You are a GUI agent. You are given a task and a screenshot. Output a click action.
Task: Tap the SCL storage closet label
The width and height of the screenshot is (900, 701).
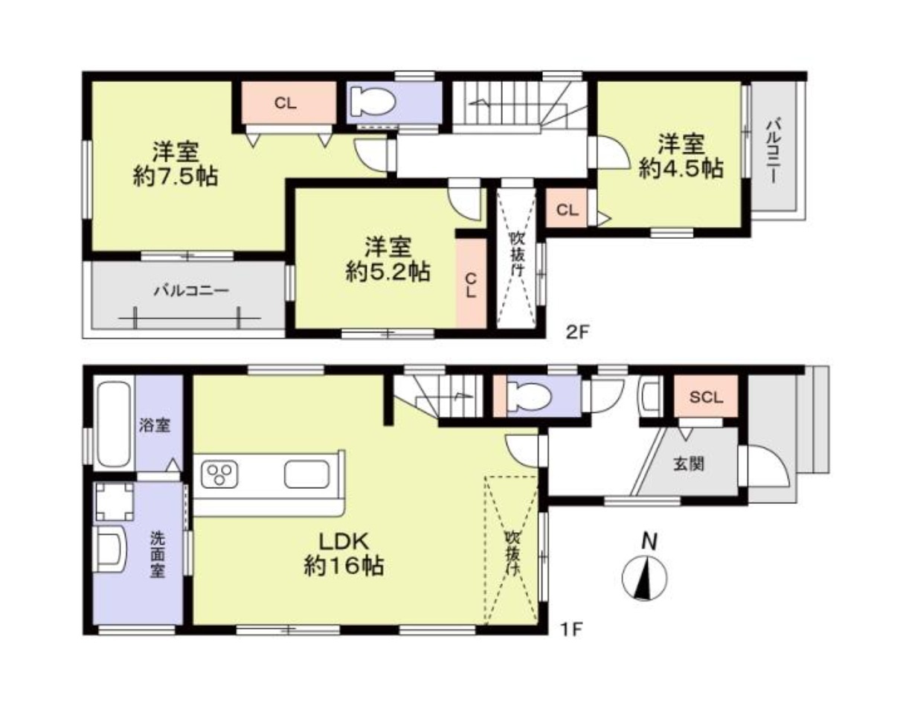point(705,397)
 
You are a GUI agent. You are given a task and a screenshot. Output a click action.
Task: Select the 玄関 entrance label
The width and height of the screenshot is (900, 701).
point(690,465)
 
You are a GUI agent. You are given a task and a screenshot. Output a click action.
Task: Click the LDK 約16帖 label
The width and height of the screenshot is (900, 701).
point(343,554)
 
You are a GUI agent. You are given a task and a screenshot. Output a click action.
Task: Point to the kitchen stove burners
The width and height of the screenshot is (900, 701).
point(221,475)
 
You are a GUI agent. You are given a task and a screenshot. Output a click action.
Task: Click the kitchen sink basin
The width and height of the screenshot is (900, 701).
point(307,475)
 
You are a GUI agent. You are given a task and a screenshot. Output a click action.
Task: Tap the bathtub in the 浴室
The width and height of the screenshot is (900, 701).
point(114,423)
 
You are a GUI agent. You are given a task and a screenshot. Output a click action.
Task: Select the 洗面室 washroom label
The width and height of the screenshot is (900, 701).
point(158,554)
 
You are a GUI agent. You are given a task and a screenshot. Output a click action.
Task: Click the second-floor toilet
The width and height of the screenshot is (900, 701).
point(369,102)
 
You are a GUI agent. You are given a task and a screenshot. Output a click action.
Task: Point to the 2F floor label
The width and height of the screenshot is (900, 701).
point(576,332)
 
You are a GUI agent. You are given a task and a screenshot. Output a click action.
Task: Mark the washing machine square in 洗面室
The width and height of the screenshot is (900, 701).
point(114,501)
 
